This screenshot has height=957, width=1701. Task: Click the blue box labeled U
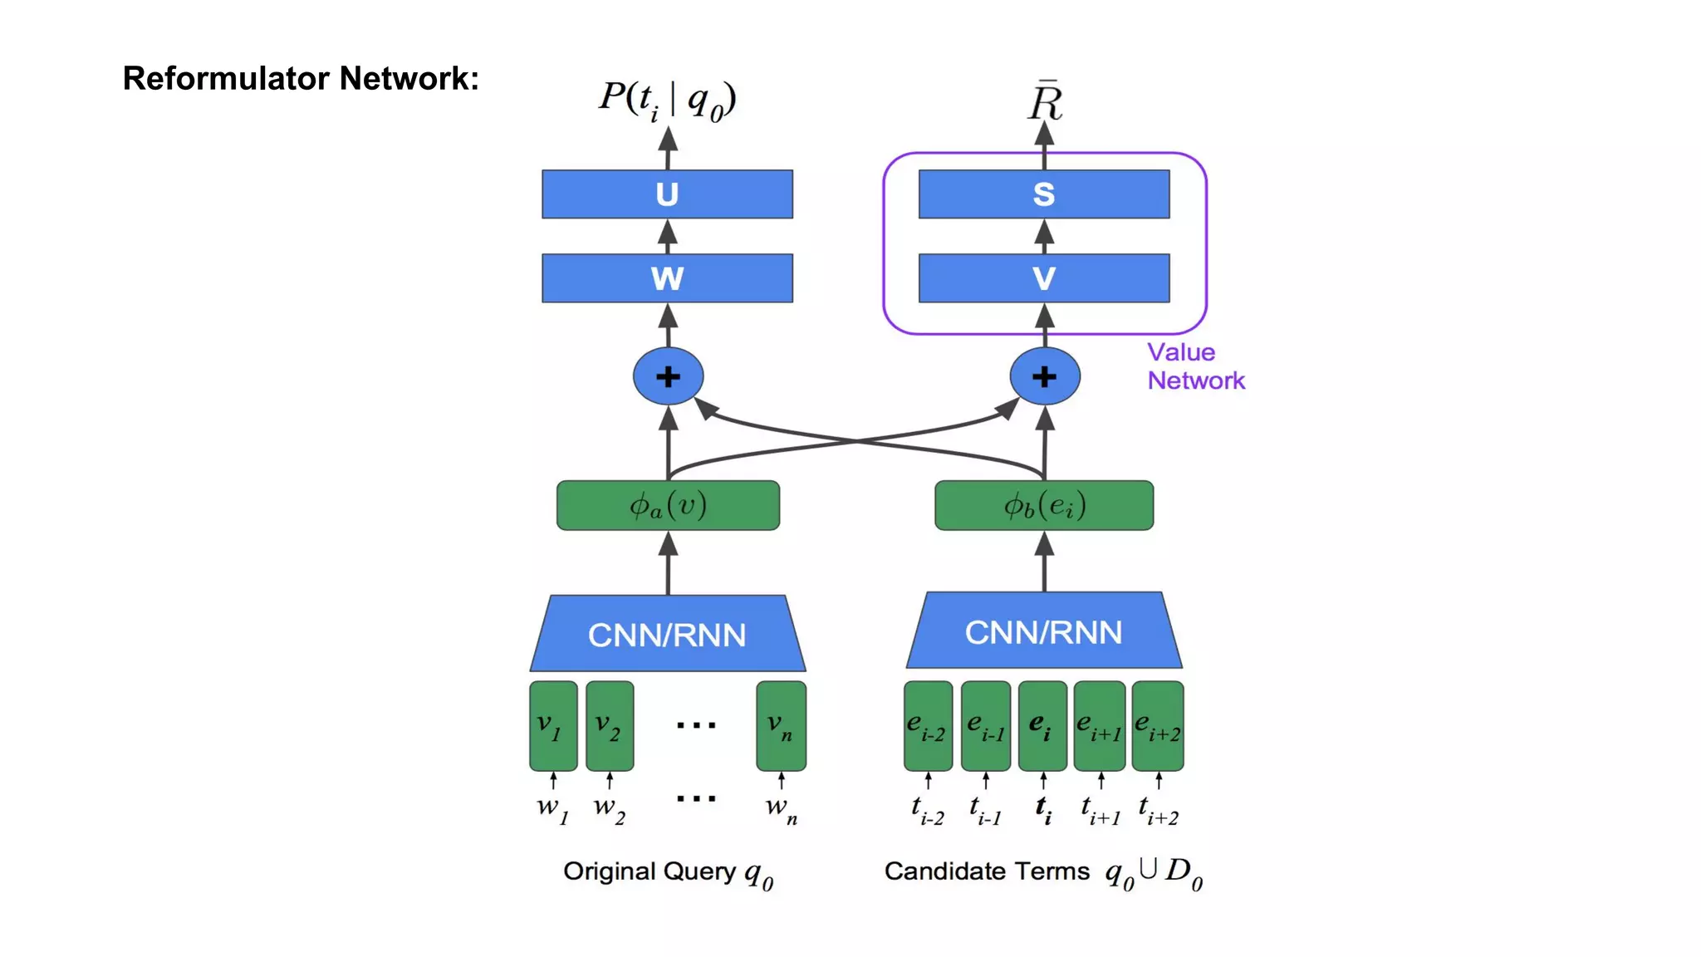(x=667, y=194)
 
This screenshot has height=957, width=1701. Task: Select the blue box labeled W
(x=667, y=278)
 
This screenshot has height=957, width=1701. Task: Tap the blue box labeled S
(x=1044, y=194)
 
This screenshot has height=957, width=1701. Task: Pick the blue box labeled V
(x=1044, y=278)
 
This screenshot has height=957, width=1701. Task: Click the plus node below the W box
(x=668, y=376)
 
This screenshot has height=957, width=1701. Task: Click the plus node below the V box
(x=1045, y=376)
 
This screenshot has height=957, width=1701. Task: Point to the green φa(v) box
(x=668, y=505)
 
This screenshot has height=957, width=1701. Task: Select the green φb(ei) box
(x=1044, y=505)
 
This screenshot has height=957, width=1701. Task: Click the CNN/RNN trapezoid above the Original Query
(x=667, y=635)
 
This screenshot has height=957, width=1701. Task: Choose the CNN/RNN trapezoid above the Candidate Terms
(x=1044, y=632)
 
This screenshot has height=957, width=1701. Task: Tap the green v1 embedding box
(x=553, y=726)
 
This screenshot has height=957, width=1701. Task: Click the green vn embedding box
(x=781, y=726)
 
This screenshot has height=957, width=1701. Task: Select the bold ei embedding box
(x=1042, y=726)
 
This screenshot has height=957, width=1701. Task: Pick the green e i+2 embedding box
(x=1158, y=726)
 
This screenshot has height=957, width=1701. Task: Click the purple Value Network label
(x=1194, y=366)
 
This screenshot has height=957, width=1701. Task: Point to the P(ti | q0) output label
(x=667, y=101)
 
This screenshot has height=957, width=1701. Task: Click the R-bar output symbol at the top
(x=1045, y=102)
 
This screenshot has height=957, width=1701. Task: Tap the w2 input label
(x=609, y=808)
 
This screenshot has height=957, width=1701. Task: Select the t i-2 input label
(x=928, y=809)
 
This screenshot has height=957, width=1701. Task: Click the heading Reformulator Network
(x=301, y=78)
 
